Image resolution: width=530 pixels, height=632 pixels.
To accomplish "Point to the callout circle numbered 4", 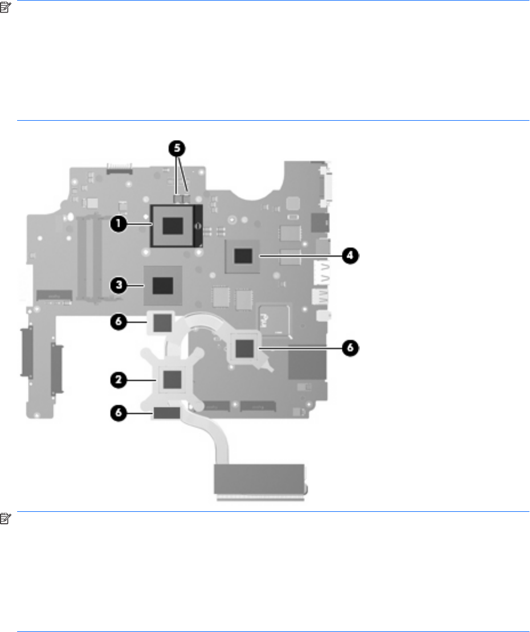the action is pos(351,256).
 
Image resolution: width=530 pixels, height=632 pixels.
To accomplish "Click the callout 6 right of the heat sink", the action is pos(351,346).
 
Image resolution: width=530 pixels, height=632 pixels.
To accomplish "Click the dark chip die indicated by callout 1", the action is pos(172,225).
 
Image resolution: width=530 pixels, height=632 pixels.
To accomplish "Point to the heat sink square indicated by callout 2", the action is pos(172,376).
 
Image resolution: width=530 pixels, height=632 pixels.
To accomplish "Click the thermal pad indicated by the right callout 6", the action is pos(245,346).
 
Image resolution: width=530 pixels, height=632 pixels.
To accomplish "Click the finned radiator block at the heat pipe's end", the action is pos(260,478).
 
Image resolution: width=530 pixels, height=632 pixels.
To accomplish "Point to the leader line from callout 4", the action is pos(299,256).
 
